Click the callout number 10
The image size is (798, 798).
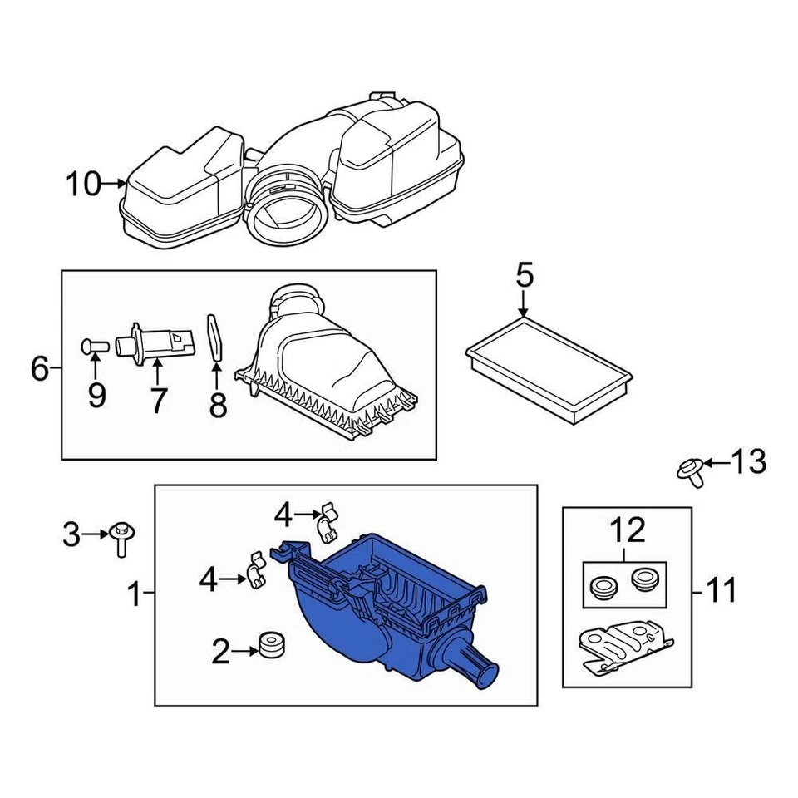click(83, 184)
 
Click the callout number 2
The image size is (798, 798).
click(220, 653)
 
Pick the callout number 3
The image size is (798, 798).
click(73, 534)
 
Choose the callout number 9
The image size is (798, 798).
click(96, 396)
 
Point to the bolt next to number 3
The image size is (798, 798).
click(122, 536)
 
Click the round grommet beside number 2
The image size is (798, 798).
click(272, 644)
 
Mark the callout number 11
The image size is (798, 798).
click(721, 591)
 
